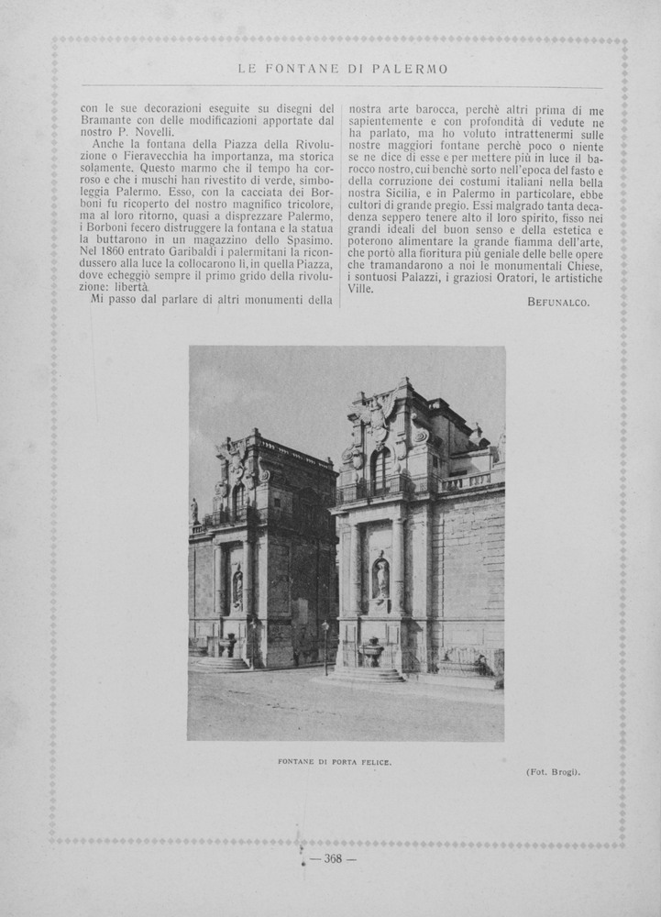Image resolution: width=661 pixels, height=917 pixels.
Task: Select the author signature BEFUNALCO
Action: pyautogui.click(x=558, y=302)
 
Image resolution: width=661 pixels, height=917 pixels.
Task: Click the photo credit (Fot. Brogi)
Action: pyautogui.click(x=553, y=771)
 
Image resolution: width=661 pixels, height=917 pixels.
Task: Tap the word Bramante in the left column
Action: pyautogui.click(x=110, y=120)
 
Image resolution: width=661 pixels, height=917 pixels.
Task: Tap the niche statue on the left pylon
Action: pyautogui.click(x=237, y=586)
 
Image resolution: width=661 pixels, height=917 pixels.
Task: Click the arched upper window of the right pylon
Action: pyautogui.click(x=380, y=470)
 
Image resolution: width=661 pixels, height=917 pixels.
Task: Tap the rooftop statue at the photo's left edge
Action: pyautogui.click(x=193, y=511)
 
